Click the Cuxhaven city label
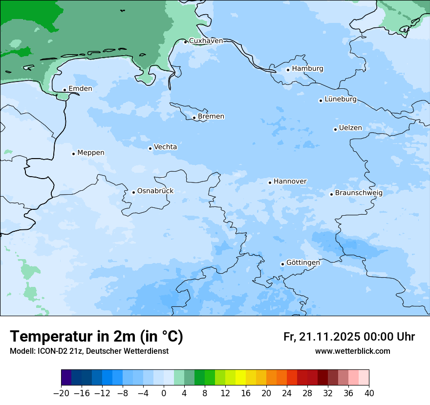tap(206, 41)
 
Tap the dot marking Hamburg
tap(288, 70)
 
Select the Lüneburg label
tap(341, 100)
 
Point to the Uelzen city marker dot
tap(335, 129)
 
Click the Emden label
tap(80, 89)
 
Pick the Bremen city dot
tap(194, 118)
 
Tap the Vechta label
tap(165, 147)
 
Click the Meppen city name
tap(91, 153)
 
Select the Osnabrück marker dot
tap(133, 192)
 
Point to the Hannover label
tap(290, 182)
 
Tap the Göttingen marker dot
tap(282, 264)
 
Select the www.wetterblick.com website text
tap(352, 351)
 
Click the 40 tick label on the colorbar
tap(369, 393)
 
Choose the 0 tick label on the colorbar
tap(164, 393)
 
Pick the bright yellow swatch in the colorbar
tap(241, 378)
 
